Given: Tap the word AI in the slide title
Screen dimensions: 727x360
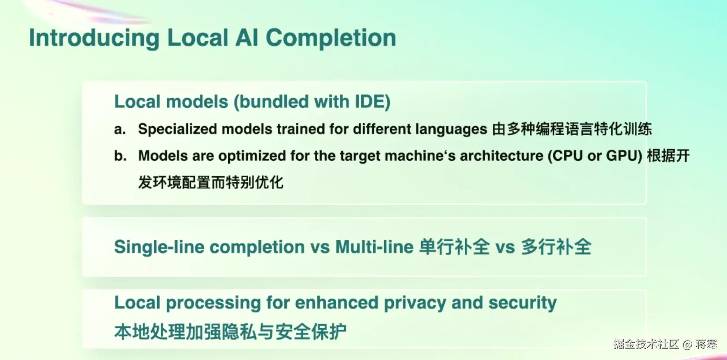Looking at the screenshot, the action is click(246, 38).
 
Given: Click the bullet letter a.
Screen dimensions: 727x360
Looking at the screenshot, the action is click(120, 129).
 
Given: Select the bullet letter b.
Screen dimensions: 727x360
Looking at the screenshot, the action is click(120, 156).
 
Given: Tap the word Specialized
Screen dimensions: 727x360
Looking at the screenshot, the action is click(178, 129).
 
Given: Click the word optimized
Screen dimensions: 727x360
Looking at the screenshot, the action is click(252, 156).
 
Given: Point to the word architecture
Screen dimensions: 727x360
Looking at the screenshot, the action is click(502, 156).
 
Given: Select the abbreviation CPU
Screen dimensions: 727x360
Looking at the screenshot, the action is click(568, 156).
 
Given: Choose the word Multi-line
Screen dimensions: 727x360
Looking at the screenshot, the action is click(375, 247).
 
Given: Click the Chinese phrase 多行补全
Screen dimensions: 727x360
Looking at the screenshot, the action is click(556, 247).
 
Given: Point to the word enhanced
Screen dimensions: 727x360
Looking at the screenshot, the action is click(337, 302).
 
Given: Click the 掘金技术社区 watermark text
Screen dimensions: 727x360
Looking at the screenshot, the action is click(646, 344).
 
